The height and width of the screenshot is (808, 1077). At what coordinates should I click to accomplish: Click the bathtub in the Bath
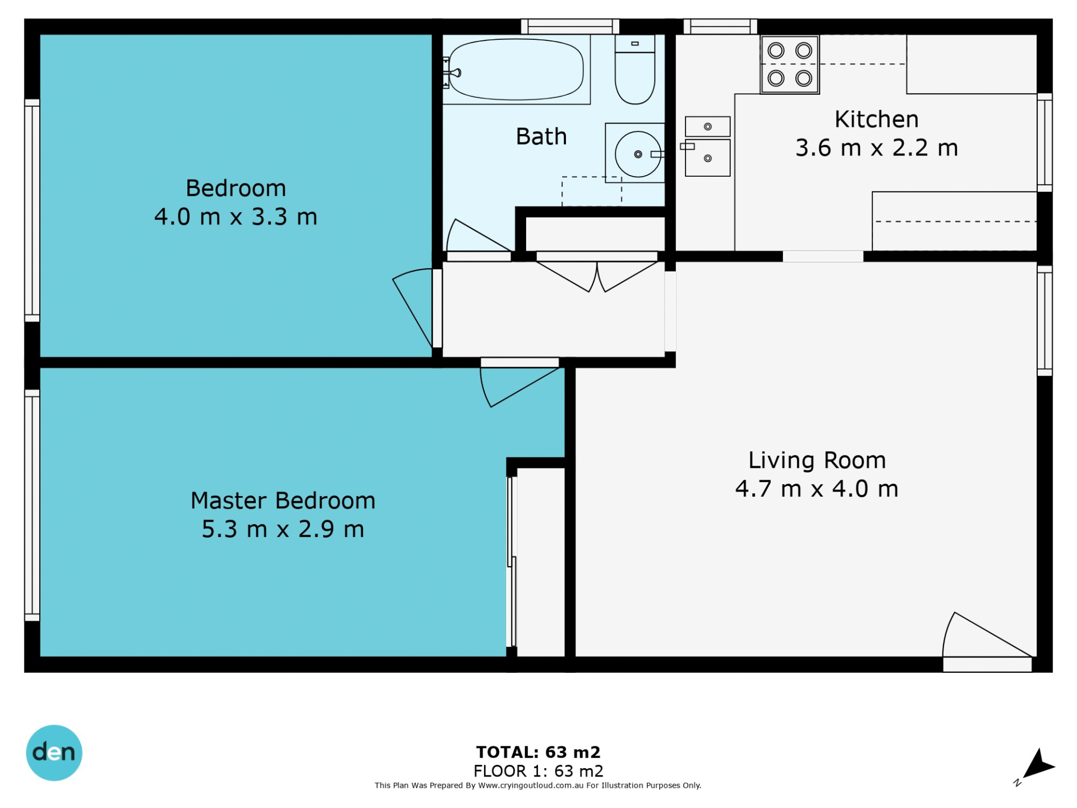(x=516, y=70)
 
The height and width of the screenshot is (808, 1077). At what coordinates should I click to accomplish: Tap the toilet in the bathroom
(x=635, y=70)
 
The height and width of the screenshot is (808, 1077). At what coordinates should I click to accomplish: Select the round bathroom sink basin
(x=638, y=154)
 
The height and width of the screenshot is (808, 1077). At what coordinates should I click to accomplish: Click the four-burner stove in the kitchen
(x=790, y=65)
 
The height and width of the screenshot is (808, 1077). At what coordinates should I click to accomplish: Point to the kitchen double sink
(x=707, y=146)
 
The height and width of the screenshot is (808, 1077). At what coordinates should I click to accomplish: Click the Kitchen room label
(x=876, y=120)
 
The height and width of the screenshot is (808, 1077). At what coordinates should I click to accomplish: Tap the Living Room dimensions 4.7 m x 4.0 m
(x=817, y=489)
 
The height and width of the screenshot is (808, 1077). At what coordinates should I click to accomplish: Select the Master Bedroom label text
(x=283, y=501)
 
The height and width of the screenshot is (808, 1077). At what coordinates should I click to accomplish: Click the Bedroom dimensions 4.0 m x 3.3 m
(x=236, y=217)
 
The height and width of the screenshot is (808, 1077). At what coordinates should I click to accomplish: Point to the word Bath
(x=541, y=136)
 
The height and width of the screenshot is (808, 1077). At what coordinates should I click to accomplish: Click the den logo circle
(x=54, y=752)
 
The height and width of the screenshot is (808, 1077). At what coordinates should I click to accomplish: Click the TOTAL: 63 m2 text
(x=538, y=752)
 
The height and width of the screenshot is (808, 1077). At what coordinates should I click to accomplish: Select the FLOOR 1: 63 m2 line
(x=538, y=771)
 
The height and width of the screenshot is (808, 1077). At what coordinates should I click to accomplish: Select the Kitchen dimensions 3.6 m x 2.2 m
(x=876, y=148)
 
